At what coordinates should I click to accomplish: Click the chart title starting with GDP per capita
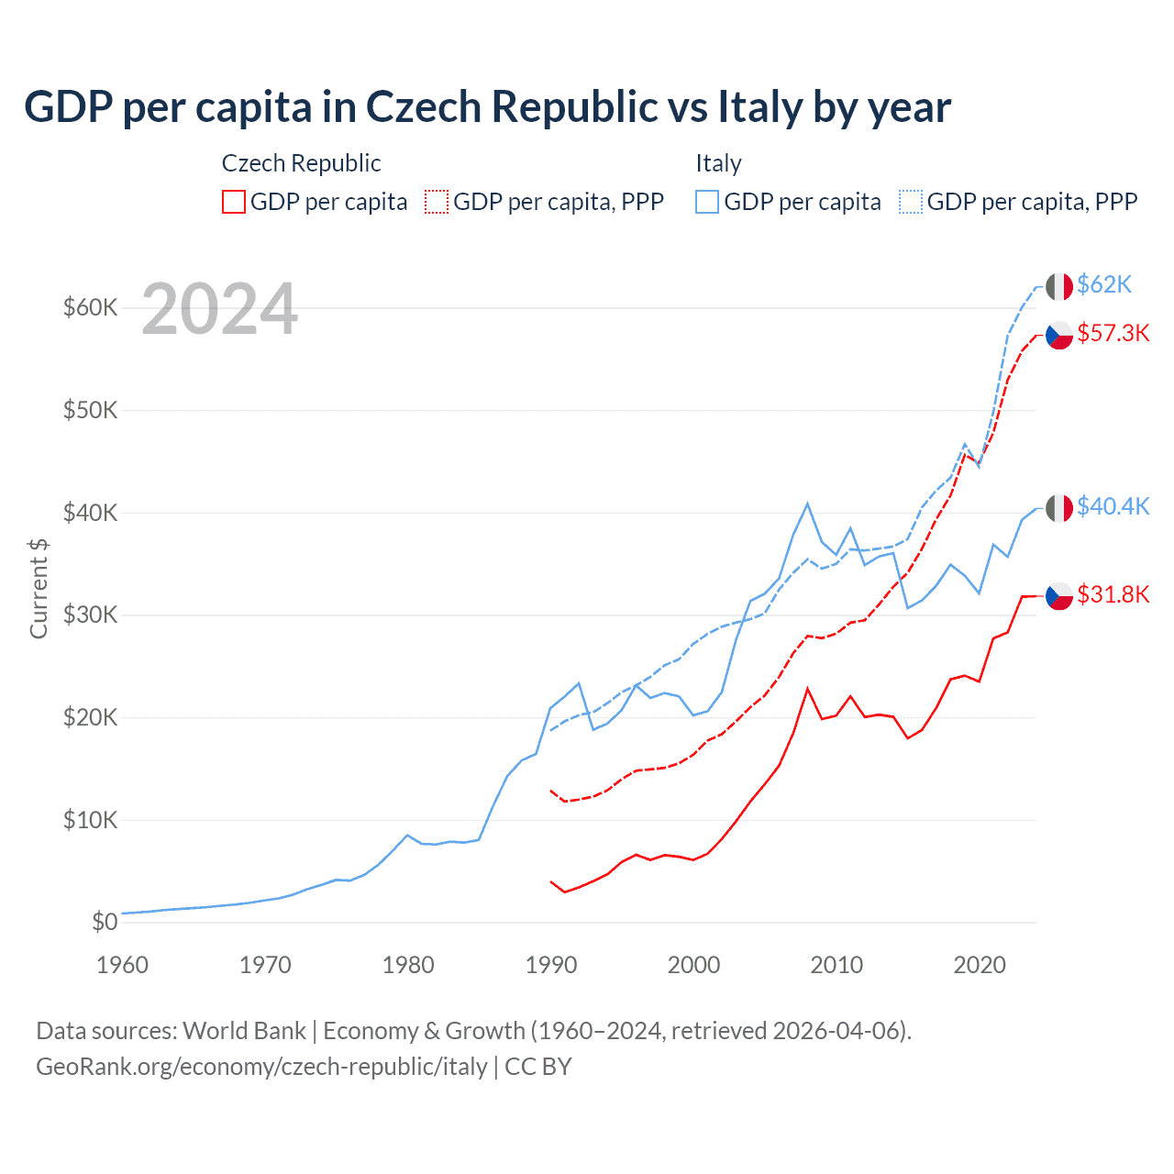tap(487, 107)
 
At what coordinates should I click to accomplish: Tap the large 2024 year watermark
tap(220, 310)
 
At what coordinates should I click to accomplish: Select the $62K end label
tap(1104, 284)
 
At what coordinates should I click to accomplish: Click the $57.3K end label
tap(1113, 333)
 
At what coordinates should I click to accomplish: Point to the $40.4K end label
tap(1113, 506)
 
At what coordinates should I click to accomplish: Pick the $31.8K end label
tap(1113, 594)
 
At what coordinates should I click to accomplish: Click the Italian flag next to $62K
tap(1059, 286)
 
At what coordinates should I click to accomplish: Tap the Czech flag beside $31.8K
tap(1059, 595)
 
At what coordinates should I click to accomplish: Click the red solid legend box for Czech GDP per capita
tap(234, 202)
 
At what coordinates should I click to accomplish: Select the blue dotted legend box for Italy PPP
tap(911, 202)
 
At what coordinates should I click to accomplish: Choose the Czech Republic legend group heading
tap(301, 163)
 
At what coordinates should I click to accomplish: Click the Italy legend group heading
tap(718, 163)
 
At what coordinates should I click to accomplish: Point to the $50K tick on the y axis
tap(90, 410)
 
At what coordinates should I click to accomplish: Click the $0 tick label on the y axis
tap(105, 922)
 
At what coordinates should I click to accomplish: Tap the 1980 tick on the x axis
tap(408, 965)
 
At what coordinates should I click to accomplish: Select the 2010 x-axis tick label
tap(836, 965)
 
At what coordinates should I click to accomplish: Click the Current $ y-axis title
tap(39, 589)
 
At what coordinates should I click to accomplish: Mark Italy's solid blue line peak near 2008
tap(807, 504)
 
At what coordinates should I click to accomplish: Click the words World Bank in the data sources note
tap(244, 1031)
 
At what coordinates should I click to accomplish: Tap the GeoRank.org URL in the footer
tap(261, 1067)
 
